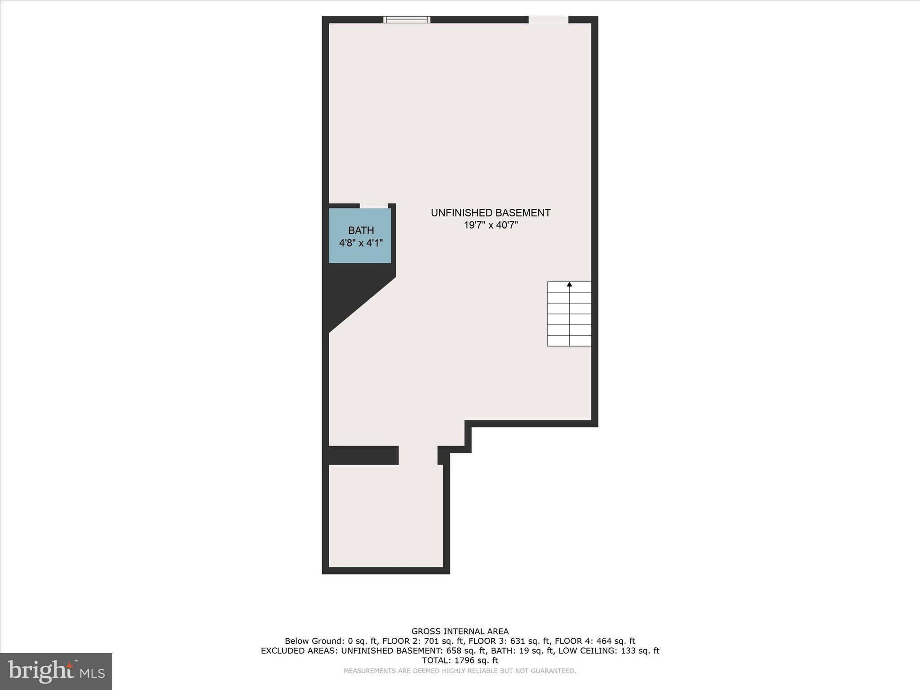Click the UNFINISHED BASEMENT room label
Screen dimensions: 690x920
click(x=491, y=213)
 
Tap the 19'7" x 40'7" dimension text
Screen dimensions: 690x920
click(x=491, y=225)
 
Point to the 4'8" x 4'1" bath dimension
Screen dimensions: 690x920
click(x=361, y=243)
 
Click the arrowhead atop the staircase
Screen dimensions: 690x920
click(x=569, y=284)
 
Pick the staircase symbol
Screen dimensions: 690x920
click(x=569, y=314)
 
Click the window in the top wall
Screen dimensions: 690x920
click(x=407, y=19)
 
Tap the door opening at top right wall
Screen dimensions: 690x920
click(x=548, y=19)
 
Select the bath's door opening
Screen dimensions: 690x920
click(x=374, y=206)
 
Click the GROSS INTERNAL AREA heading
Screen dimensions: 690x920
click(x=460, y=632)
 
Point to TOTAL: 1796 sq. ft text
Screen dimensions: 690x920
click(x=460, y=660)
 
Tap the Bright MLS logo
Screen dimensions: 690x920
click(x=56, y=671)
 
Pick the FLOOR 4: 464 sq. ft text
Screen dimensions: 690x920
click(x=595, y=641)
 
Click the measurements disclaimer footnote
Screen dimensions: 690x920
click(x=460, y=671)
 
